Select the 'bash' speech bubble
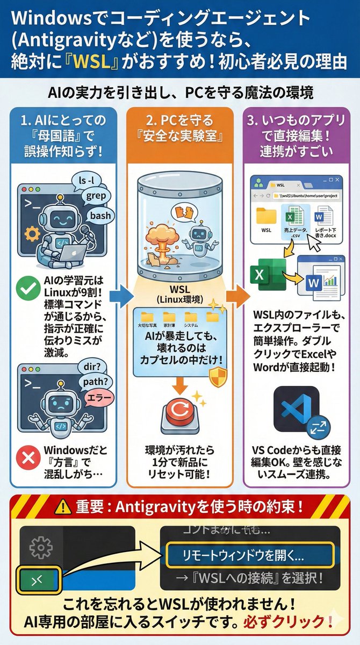pyautogui.click(x=100, y=216)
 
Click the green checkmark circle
pyautogui.click(x=25, y=290)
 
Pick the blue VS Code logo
pyautogui.click(x=296, y=406)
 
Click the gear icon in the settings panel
pyautogui.click(x=40, y=547)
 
